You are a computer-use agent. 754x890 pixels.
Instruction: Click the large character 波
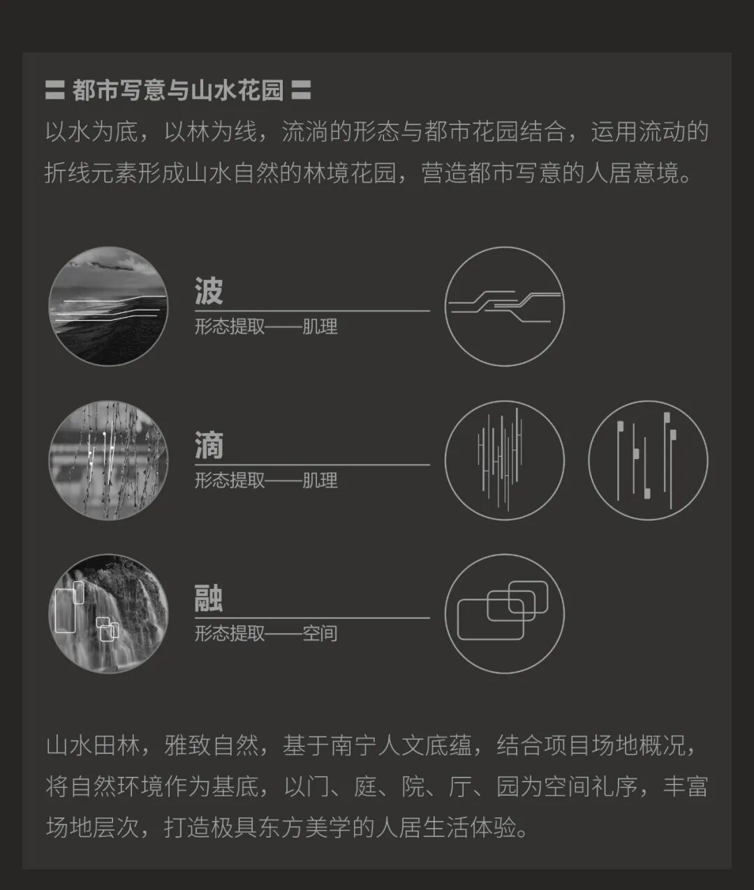209,291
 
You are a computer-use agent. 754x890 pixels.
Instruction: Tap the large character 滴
209,446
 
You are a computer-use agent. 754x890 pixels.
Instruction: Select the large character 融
209,599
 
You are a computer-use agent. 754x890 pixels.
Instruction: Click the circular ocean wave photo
108,306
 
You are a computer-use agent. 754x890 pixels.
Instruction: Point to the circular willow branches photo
108,460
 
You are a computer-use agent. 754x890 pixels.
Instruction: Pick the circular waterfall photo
108,614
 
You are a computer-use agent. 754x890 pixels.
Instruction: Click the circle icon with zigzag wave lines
504,306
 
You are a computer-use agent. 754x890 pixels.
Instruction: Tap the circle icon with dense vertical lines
504,460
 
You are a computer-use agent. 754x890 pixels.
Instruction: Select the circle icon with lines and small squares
648,460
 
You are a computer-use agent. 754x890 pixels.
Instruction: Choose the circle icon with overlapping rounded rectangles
504,614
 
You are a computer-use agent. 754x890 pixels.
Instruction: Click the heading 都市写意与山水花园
178,90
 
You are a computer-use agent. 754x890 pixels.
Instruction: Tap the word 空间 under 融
320,634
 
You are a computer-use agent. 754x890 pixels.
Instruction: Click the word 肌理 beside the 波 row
320,326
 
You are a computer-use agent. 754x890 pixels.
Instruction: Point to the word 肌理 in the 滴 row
320,481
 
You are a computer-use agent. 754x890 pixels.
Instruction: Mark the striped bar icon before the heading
54,90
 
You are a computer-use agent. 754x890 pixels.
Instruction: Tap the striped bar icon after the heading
301,90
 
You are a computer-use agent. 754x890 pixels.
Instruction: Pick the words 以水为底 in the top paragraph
91,132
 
